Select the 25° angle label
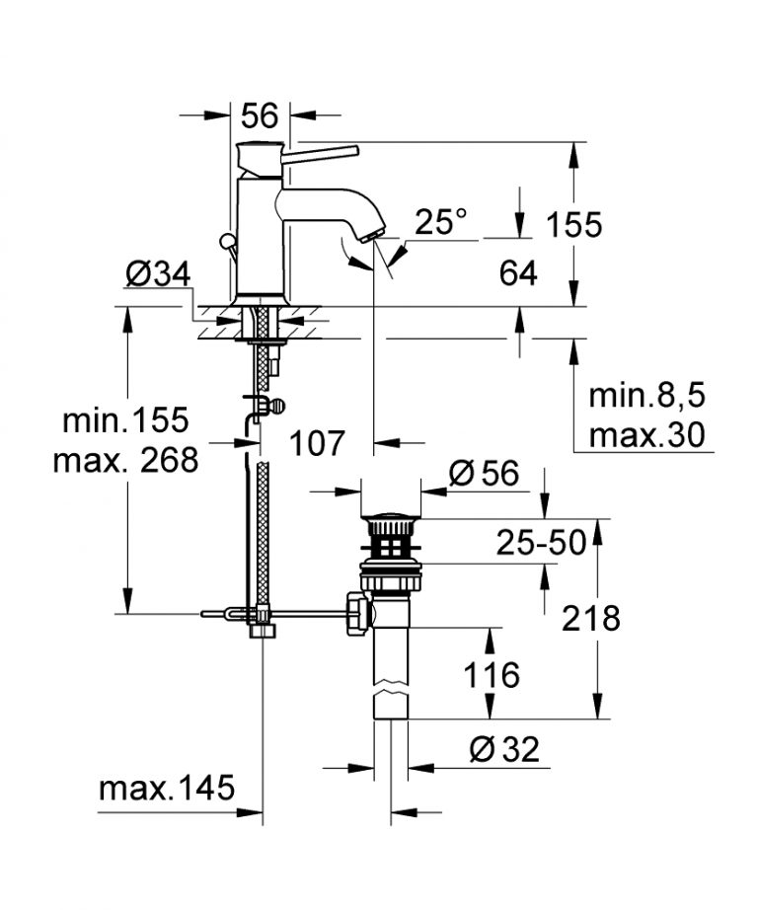point(440,223)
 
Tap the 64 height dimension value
point(517,273)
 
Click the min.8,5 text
point(648,396)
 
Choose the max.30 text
point(647,433)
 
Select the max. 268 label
point(125,459)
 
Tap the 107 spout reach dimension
point(318,444)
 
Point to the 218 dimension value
point(590,619)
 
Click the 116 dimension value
point(491,676)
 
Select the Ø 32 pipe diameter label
point(504,750)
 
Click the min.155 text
point(125,420)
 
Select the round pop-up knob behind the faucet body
point(228,241)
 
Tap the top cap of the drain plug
point(392,517)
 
